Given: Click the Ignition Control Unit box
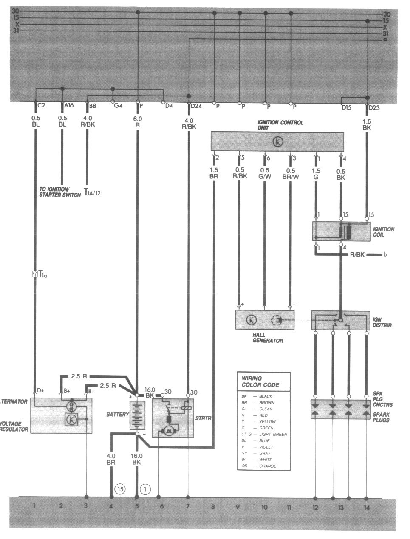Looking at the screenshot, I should (x=277, y=141).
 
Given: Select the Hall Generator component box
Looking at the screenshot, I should (x=264, y=320).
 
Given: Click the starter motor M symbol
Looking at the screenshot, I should (x=169, y=431).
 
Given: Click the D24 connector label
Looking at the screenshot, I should (x=196, y=106).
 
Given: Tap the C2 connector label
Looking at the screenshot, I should (x=42, y=105).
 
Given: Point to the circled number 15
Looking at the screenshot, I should (x=120, y=489).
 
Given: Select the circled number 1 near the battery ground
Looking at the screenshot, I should (x=145, y=489).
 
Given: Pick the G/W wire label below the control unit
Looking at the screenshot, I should (x=265, y=174).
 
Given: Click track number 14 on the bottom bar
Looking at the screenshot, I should (x=367, y=507).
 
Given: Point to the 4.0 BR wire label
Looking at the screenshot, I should (x=111, y=459).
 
